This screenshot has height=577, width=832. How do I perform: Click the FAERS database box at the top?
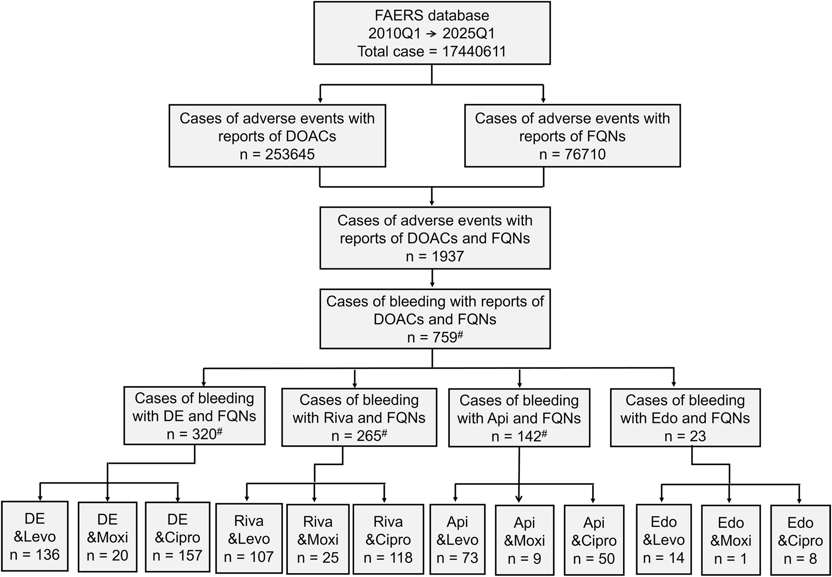(x=431, y=33)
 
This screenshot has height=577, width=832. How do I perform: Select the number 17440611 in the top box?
(x=474, y=51)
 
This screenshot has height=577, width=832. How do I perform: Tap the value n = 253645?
(x=277, y=154)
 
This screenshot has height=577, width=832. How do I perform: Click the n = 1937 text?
(x=435, y=257)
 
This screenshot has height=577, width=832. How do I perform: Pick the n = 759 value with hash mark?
(x=435, y=337)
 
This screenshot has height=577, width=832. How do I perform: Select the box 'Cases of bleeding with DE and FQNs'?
(x=194, y=416)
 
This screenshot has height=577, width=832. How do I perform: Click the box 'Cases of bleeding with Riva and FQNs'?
(x=359, y=418)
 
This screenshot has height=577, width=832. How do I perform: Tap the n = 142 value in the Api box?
(x=519, y=437)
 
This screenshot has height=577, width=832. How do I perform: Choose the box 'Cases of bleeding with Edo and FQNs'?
(x=685, y=418)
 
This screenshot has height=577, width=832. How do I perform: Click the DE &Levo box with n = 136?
(x=35, y=537)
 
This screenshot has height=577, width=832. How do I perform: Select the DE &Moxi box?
(x=108, y=538)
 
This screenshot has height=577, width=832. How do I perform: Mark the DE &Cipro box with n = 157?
(x=177, y=538)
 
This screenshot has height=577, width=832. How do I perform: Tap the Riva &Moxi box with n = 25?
(x=318, y=539)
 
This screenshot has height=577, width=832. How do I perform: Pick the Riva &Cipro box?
(x=388, y=539)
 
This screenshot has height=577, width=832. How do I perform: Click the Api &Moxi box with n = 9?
(x=524, y=540)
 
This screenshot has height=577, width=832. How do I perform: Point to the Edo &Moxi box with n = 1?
(x=731, y=540)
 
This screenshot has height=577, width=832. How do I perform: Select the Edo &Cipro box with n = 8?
(x=800, y=540)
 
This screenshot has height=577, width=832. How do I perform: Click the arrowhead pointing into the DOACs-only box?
(x=320, y=100)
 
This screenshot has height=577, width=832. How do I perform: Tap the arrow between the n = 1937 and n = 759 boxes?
(x=432, y=279)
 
